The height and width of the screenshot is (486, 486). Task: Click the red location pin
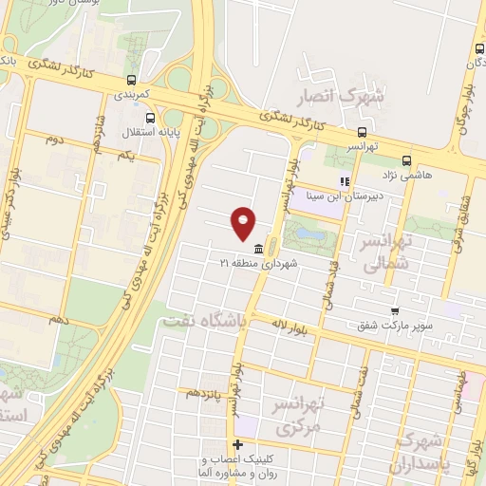(244, 223)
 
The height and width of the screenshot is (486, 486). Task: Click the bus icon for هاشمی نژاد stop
(406, 160)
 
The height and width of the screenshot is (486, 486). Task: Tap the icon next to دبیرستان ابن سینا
(346, 181)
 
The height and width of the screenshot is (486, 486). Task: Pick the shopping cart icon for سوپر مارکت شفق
(395, 310)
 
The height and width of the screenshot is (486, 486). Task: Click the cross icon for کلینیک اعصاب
(238, 445)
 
